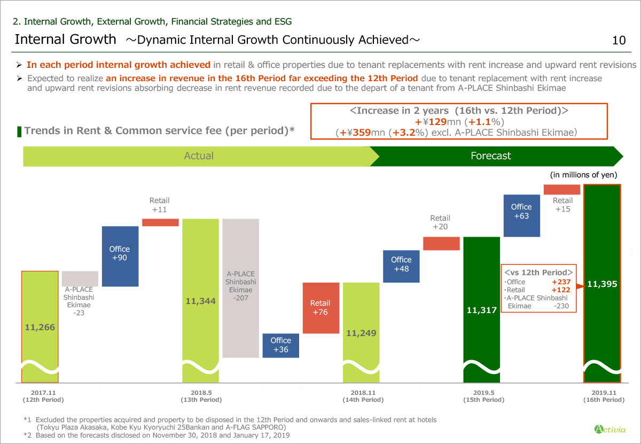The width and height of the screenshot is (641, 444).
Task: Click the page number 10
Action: (619, 40)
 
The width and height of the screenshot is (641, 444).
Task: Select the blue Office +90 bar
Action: (120, 256)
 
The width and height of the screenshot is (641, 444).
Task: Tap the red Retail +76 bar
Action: (320, 308)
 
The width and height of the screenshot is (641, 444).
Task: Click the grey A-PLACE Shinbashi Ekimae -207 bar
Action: (240, 288)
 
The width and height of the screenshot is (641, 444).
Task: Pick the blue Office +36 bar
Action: (280, 345)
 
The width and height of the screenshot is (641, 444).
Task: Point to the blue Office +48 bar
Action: (401, 264)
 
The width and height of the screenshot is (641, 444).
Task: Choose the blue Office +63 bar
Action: (521, 212)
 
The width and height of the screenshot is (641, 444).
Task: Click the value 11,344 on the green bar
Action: (201, 301)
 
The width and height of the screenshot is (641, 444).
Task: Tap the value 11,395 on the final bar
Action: (602, 284)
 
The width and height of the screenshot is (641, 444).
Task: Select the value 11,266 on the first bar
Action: (40, 327)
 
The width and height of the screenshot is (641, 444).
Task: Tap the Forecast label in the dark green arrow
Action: (490, 156)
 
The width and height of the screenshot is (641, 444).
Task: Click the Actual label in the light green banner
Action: (198, 156)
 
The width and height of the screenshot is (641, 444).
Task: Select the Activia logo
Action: (607, 429)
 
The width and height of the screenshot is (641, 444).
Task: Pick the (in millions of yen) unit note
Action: (583, 175)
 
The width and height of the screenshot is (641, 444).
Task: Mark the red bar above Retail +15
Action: (561, 190)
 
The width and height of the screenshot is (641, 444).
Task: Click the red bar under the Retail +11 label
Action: (160, 222)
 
